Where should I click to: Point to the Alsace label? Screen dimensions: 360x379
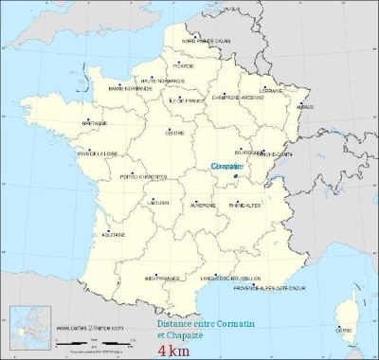pos(305,107)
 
